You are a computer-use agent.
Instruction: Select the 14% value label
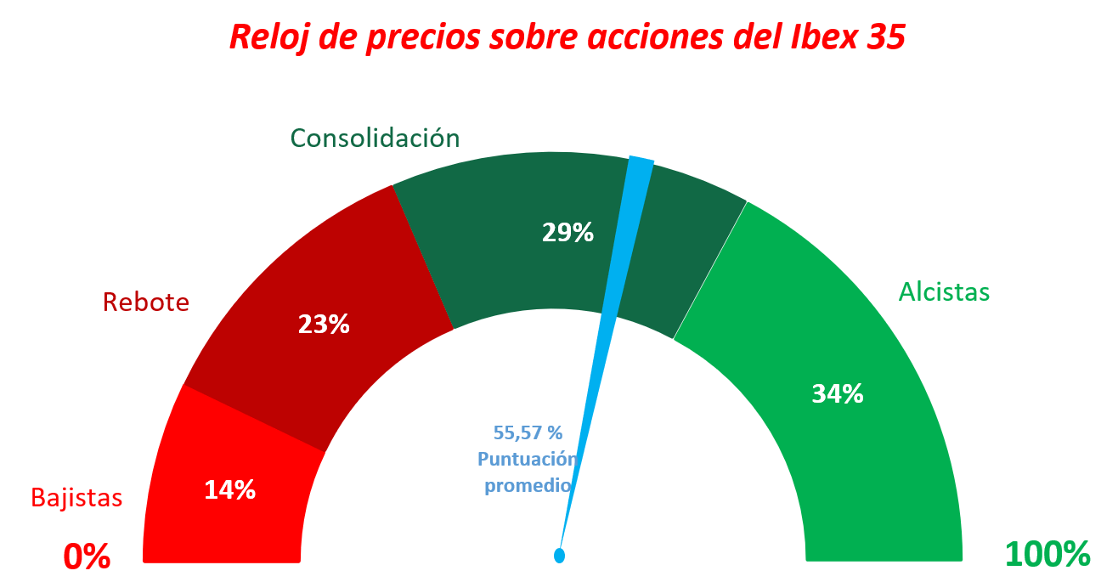[229, 489]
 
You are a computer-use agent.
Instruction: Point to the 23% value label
[324, 324]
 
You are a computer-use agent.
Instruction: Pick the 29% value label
[567, 232]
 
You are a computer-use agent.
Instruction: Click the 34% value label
[838, 393]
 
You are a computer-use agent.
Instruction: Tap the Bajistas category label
[76, 497]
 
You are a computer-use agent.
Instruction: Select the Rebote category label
[146, 302]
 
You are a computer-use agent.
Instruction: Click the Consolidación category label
[375, 138]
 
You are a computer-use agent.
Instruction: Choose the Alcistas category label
[944, 291]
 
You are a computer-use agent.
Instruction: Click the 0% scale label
[87, 556]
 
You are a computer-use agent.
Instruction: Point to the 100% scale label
[1047, 554]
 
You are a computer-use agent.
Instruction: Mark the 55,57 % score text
[528, 432]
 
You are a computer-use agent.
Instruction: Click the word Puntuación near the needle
[528, 460]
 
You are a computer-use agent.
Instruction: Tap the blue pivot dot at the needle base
[559, 556]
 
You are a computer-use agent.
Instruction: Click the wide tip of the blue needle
[640, 164]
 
